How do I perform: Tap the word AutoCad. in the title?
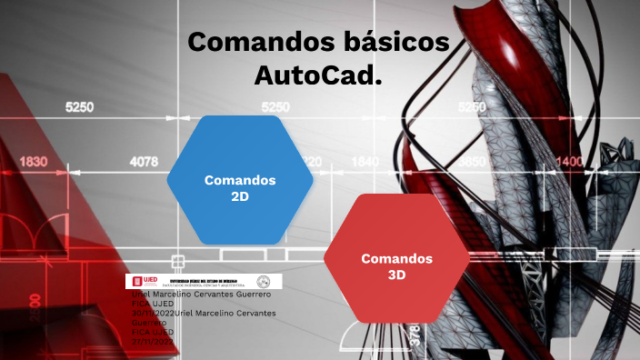pyautogui.click(x=317, y=75)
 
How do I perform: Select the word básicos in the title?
pyautogui.click(x=399, y=42)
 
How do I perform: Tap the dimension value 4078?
pyautogui.click(x=144, y=162)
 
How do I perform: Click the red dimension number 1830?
pyautogui.click(x=33, y=162)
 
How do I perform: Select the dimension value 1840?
pyautogui.click(x=365, y=162)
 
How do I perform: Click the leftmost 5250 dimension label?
pyautogui.click(x=79, y=107)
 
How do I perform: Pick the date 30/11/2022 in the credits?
pyautogui.click(x=153, y=313)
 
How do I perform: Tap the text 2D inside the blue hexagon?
pyautogui.click(x=240, y=195)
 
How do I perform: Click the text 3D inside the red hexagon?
pyautogui.click(x=396, y=275)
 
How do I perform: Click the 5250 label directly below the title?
pyautogui.click(x=275, y=107)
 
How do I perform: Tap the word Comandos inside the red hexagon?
pyautogui.click(x=396, y=258)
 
